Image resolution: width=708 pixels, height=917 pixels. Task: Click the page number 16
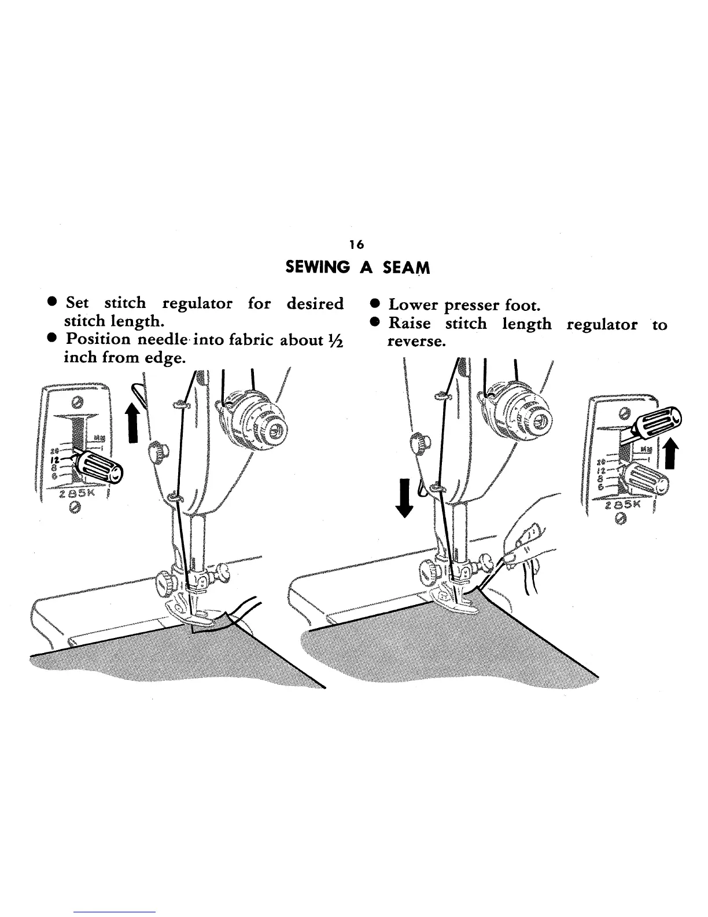pyautogui.click(x=356, y=245)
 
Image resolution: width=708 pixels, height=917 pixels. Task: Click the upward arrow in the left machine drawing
pyautogui.click(x=133, y=421)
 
